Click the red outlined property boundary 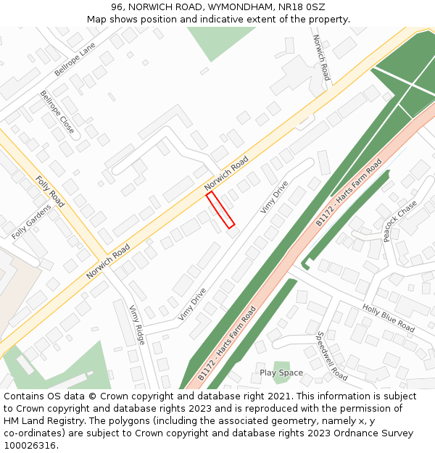click(220, 210)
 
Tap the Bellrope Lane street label click(75, 59)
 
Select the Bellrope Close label click(57, 112)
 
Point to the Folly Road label click(50, 191)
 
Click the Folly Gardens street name click(32, 222)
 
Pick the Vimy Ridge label click(137, 324)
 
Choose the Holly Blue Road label click(389, 319)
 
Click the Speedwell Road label click(332, 356)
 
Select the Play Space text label click(281, 373)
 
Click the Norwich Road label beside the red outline click(227, 174)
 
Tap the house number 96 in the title click(117, 7)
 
